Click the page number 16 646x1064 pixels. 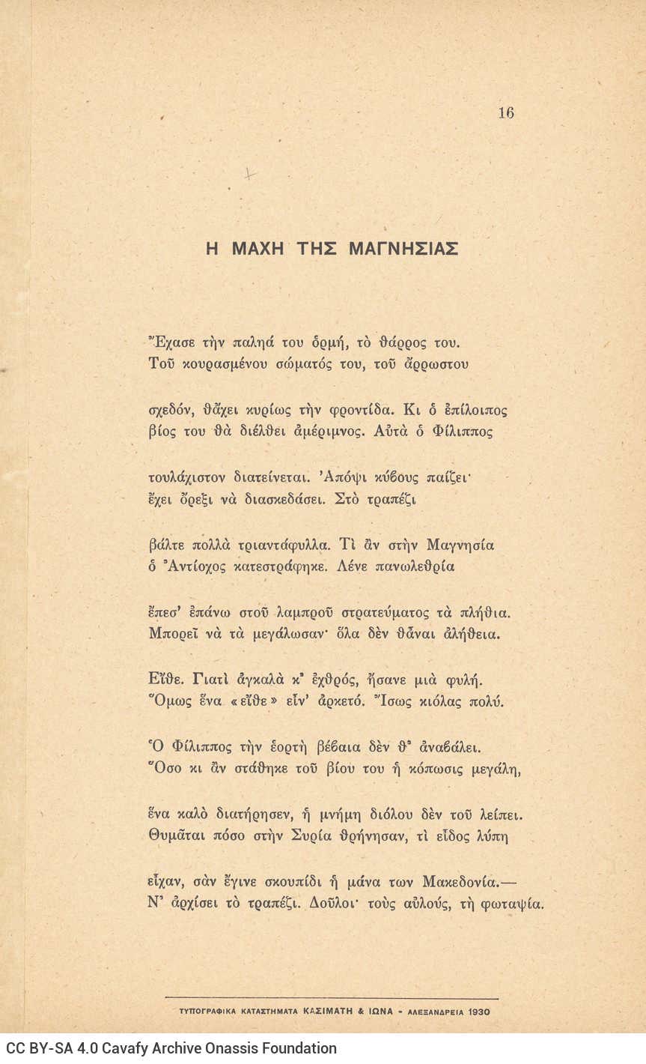(x=505, y=113)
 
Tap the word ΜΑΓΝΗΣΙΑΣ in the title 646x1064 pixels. (x=403, y=249)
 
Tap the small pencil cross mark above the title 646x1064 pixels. (x=250, y=174)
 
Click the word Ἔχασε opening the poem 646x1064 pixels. (x=172, y=344)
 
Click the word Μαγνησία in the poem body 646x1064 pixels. (x=460, y=545)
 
